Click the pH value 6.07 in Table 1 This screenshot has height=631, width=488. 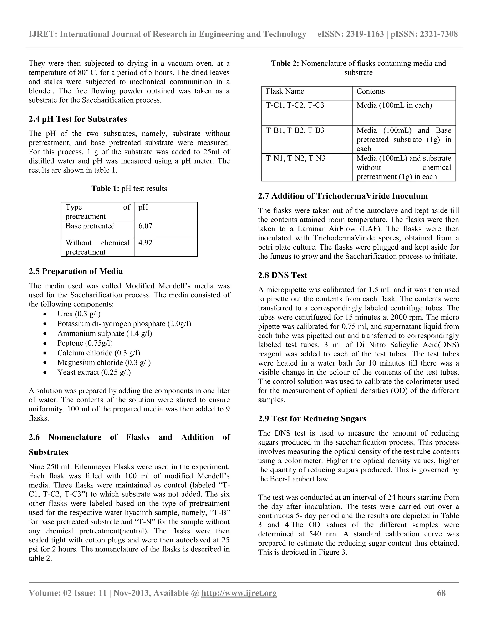pos(145,226)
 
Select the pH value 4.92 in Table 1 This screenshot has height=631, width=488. pos(145,243)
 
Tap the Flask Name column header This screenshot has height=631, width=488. pos(285,91)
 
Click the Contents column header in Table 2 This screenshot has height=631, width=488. pos(371,91)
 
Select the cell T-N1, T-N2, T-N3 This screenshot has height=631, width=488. pos(295,158)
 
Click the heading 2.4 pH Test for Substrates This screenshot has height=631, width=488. pos(78,119)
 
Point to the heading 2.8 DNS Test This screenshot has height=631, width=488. pos(282,275)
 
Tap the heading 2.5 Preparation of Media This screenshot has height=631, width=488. pos(76,271)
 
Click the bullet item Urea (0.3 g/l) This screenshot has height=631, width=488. pos(79,314)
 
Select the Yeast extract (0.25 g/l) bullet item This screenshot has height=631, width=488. pos(94,372)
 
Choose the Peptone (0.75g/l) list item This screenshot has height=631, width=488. pos(85,343)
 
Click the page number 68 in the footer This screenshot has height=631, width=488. pos(441,593)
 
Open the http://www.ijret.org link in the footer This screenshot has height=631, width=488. pos(239,593)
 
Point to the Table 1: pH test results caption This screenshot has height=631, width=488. pos(129,189)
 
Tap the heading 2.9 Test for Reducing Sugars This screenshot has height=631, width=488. pos(312,419)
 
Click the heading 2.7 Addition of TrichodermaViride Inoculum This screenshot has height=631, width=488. pos(343,196)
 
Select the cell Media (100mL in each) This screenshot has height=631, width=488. pos(394,105)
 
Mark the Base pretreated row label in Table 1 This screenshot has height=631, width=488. pos(90,226)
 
